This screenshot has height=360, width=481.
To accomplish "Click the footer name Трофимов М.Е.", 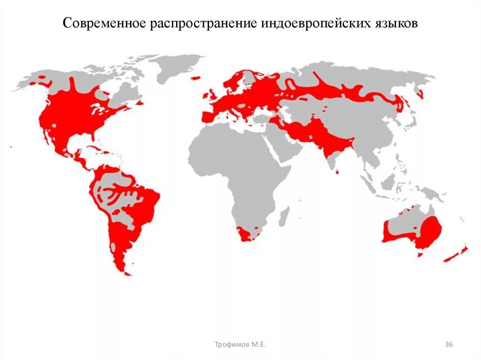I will pyautogui.click(x=240, y=345).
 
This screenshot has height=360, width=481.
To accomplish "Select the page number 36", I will pyautogui.click(x=449, y=345).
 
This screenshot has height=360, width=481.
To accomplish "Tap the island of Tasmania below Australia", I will pyautogui.click(x=420, y=255).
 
